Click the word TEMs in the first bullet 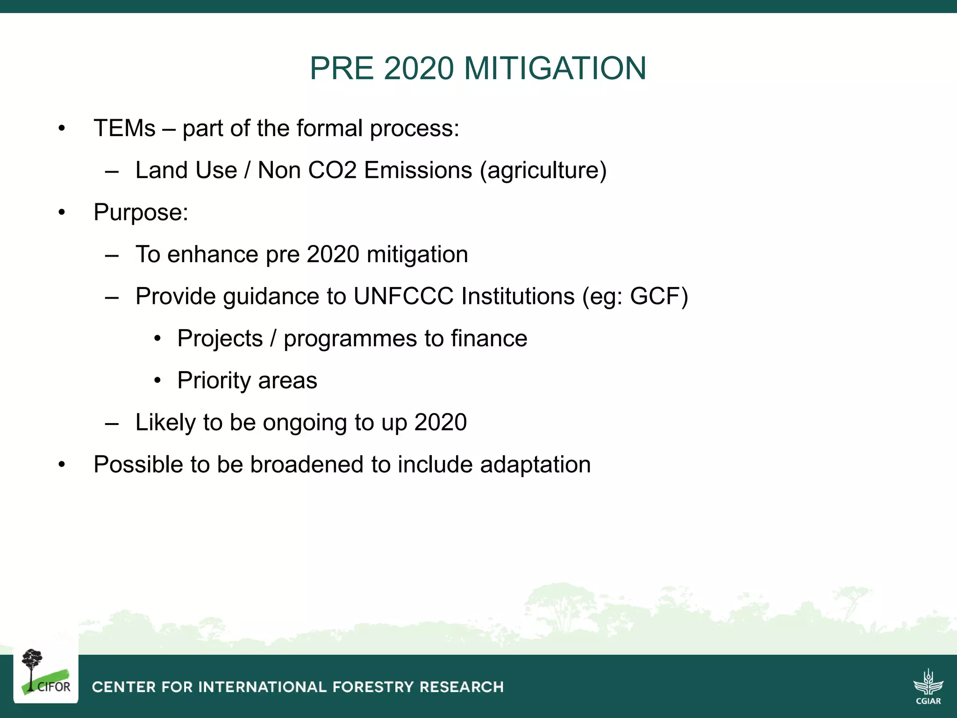pyautogui.click(x=124, y=128)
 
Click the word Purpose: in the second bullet pyautogui.click(x=141, y=213)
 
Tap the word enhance pyautogui.click(x=213, y=255)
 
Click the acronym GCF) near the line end pyautogui.click(x=659, y=296)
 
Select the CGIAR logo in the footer pyautogui.click(x=928, y=686)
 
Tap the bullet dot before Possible pyautogui.click(x=62, y=465)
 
